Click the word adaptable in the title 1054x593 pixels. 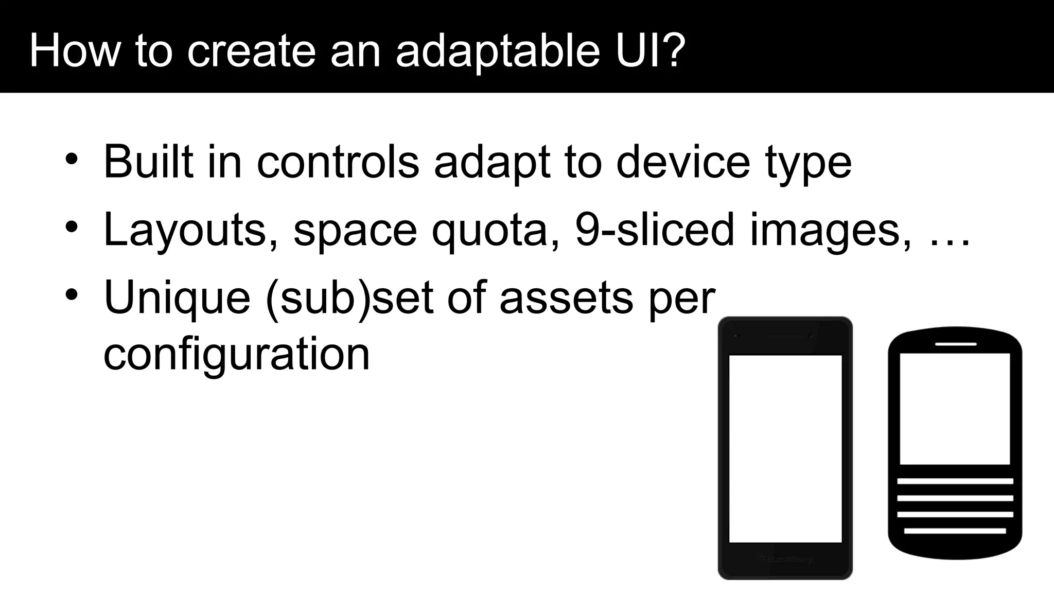pos(497,51)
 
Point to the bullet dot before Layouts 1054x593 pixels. pos(72,227)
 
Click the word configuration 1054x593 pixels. pos(237,355)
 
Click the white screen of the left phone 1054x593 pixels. pos(785,448)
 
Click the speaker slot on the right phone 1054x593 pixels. pos(955,343)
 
